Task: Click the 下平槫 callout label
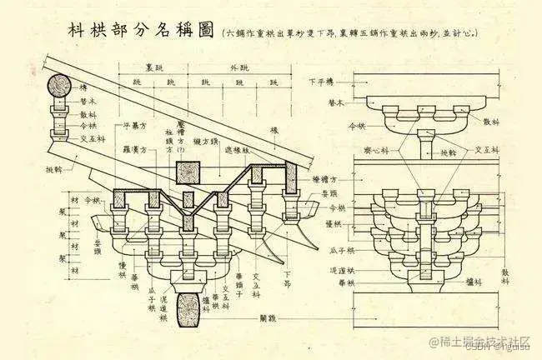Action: [x=321, y=82]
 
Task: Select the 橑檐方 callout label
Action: [x=319, y=179]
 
